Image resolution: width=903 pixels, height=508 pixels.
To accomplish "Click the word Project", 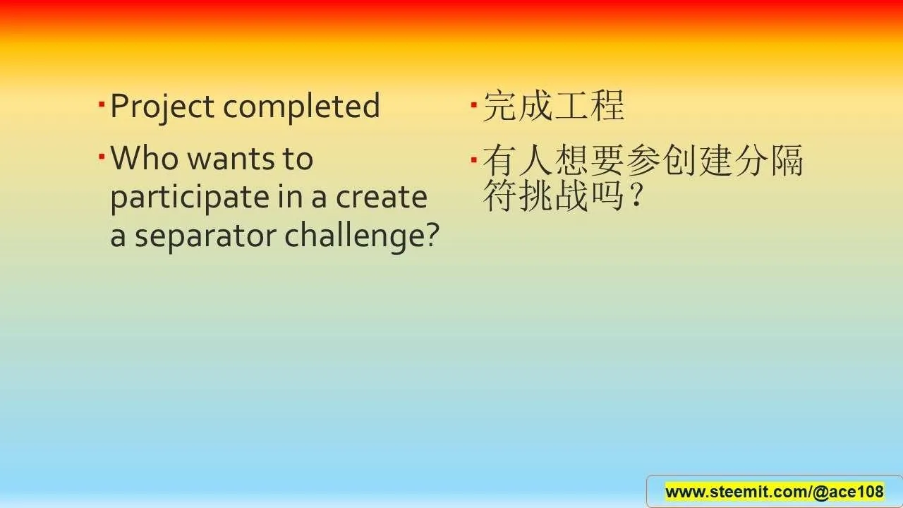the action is click(x=162, y=107).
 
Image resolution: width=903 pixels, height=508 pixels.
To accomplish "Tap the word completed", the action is click(x=301, y=106).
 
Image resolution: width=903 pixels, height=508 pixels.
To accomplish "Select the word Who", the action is click(x=145, y=157).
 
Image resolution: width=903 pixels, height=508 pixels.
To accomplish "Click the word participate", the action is click(x=190, y=198).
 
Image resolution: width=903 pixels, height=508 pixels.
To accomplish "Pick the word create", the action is click(x=382, y=198).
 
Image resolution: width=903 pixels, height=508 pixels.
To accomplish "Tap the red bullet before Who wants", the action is click(x=102, y=156).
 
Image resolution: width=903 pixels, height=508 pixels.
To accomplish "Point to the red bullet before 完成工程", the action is click(x=474, y=105).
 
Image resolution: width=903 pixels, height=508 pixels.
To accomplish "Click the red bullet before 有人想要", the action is click(x=474, y=160).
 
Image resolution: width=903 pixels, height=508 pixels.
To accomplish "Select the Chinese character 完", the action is click(x=500, y=106).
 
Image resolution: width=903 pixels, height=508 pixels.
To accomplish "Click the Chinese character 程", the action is click(x=608, y=106).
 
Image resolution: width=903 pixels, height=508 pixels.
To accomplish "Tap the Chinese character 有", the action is click(x=500, y=160).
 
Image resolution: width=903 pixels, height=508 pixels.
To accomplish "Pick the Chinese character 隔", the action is click(x=787, y=160).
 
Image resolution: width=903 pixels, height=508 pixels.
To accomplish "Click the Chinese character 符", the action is click(x=500, y=195).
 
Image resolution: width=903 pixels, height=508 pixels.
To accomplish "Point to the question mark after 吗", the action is click(x=637, y=195).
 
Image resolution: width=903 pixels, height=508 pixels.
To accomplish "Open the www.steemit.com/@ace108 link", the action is click(x=775, y=492).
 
